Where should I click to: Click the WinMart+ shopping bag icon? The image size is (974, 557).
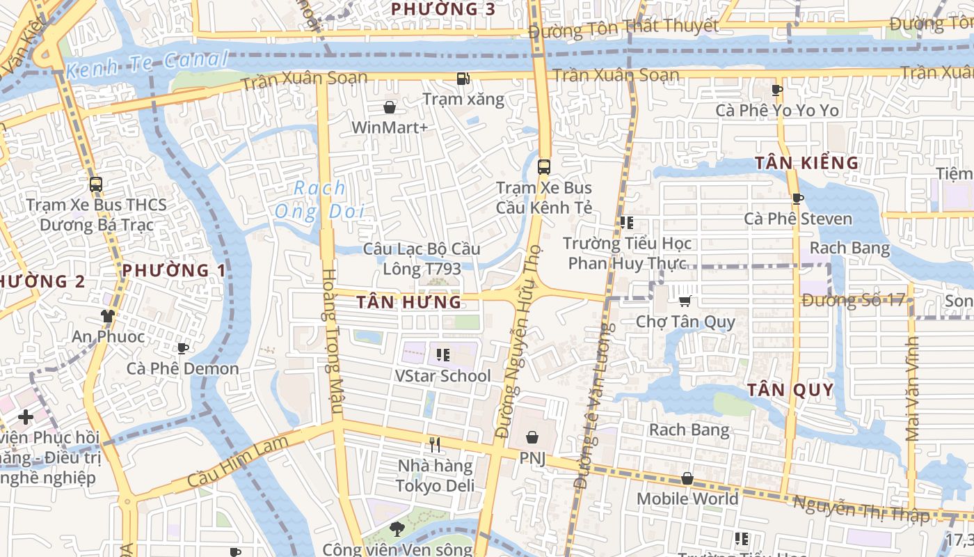tap(390, 107)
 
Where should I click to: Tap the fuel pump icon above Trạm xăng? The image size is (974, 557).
tap(463, 79)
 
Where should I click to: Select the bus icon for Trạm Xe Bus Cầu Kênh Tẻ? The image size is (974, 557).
tap(544, 167)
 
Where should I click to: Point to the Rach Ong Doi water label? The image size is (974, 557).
tap(320, 199)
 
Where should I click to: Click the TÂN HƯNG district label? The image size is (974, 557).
tap(408, 302)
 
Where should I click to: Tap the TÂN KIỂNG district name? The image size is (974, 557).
tap(807, 164)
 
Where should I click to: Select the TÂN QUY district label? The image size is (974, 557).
tap(790, 390)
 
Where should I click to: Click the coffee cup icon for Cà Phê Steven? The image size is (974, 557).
tap(797, 198)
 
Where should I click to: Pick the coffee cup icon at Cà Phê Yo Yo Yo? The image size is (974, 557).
tap(777, 90)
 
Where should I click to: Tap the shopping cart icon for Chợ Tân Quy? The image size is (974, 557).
tap(685, 301)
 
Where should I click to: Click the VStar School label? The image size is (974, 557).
tap(442, 376)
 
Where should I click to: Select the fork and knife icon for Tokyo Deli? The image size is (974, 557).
tap(435, 444)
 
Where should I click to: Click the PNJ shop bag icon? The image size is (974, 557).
tap(532, 437)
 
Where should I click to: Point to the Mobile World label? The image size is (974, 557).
tap(687, 499)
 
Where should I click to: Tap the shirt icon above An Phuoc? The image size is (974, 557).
tap(108, 316)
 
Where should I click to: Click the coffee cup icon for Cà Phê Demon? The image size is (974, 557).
tap(182, 348)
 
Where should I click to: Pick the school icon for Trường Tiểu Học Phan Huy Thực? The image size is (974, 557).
tap(626, 223)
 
